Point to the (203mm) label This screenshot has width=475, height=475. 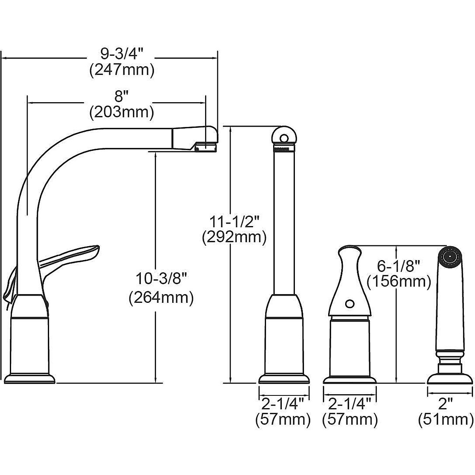coord(122,113)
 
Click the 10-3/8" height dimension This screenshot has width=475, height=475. coord(161,279)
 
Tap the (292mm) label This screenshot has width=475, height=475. coord(234,237)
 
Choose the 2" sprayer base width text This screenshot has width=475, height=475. coord(446,404)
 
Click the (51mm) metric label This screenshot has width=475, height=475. coord(446,420)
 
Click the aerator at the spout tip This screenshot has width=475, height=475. coord(206,148)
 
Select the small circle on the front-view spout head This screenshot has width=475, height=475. coord(284,138)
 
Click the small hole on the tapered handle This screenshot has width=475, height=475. coord(349,304)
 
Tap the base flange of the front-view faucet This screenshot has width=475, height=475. coord(284,379)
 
